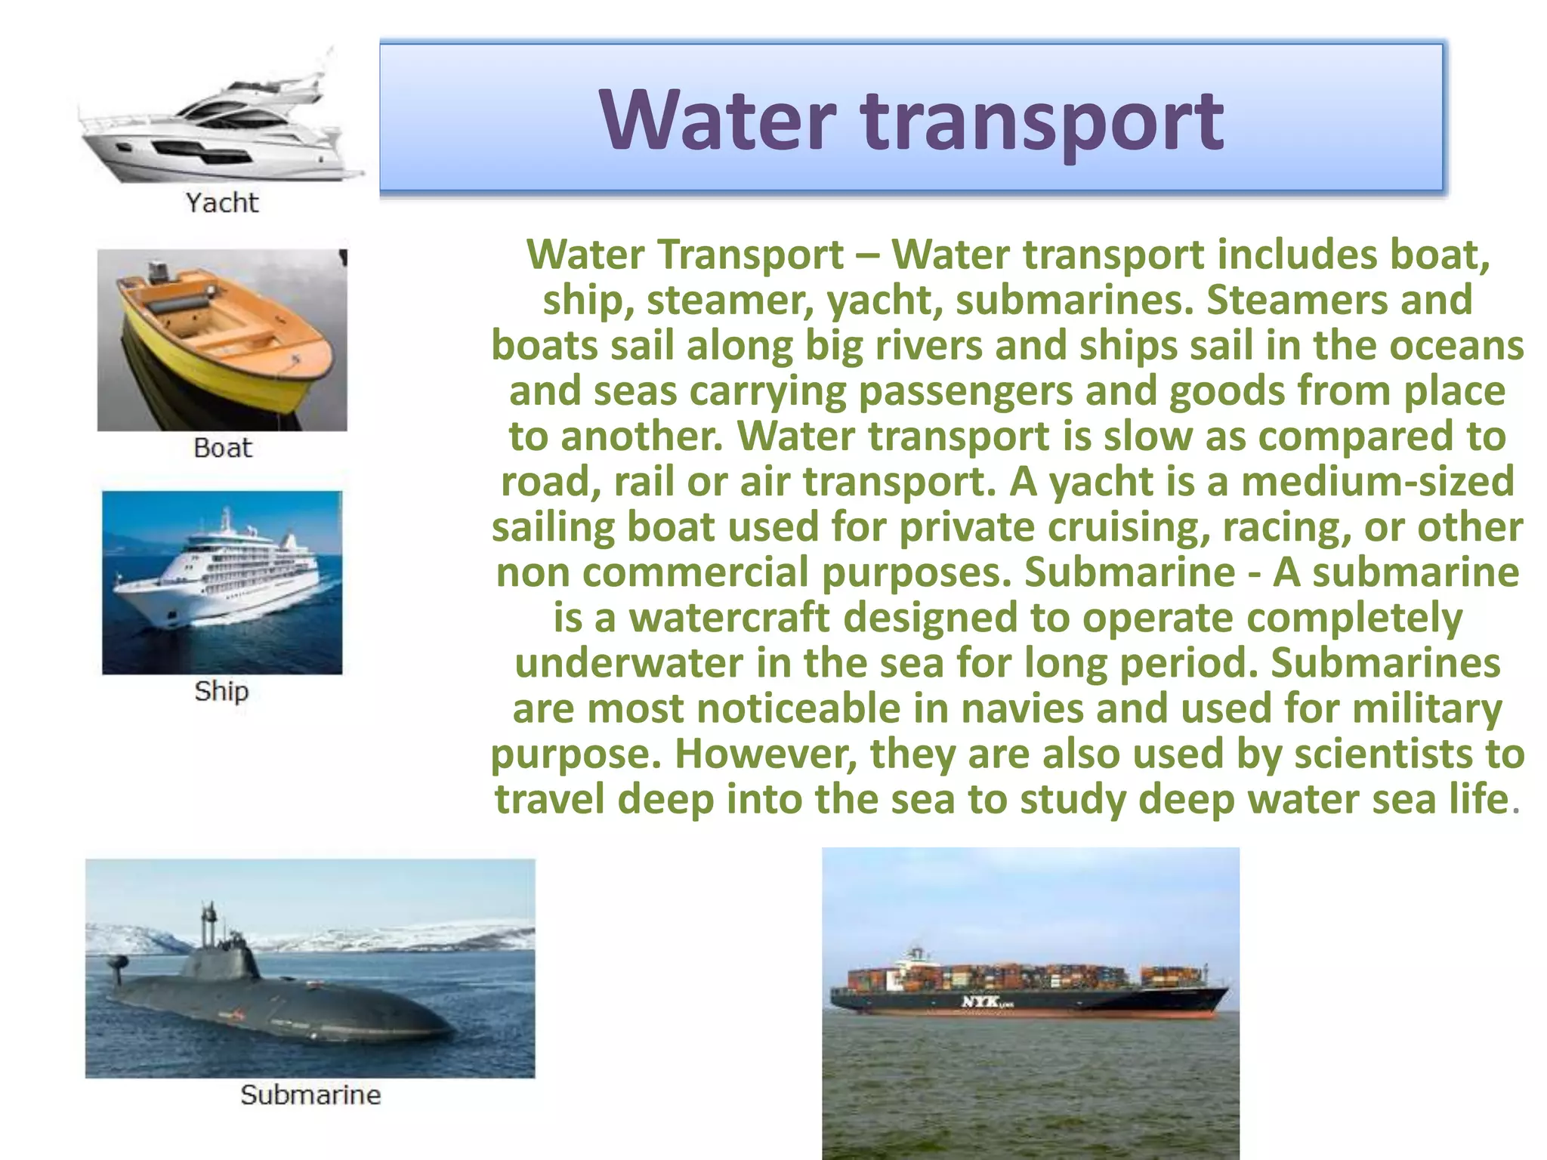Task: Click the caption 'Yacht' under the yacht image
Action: click(x=222, y=202)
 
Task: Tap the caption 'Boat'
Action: click(x=222, y=448)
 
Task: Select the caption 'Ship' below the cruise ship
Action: click(x=221, y=691)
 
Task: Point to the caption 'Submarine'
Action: click(x=310, y=1095)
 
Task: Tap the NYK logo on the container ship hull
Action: click(x=982, y=1001)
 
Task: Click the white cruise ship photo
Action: click(x=222, y=582)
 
